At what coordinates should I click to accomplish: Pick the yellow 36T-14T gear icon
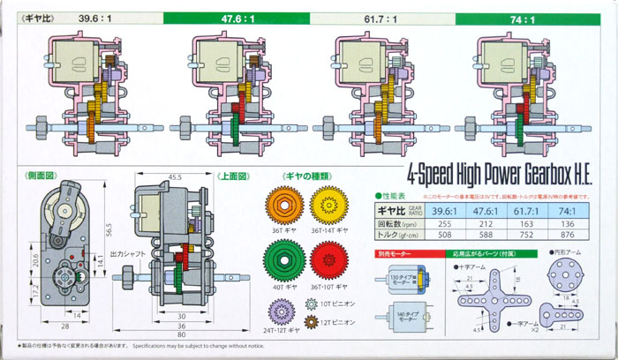click(331, 205)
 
